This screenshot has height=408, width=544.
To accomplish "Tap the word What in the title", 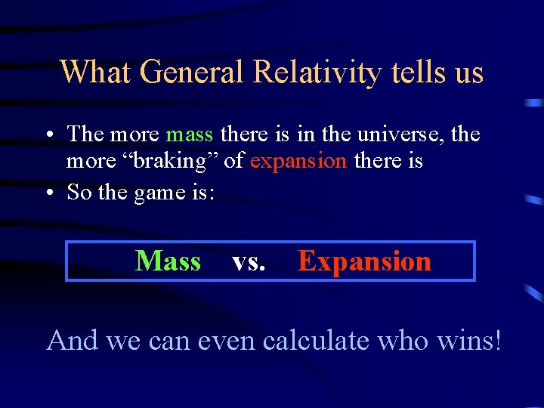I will pyautogui.click(x=96, y=73).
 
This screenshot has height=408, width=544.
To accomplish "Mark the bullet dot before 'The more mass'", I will pyautogui.click(x=48, y=135).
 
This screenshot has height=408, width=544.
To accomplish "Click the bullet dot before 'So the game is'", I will pyautogui.click(x=48, y=193).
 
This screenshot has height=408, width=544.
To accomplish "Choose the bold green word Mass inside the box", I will pyautogui.click(x=168, y=261).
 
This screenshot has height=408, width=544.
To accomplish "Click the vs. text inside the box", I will pyautogui.click(x=249, y=262).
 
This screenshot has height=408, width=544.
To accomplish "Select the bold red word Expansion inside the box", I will pyautogui.click(x=364, y=262).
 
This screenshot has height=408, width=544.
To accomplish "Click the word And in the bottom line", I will pyautogui.click(x=73, y=341).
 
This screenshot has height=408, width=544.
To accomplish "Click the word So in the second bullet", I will pyautogui.click(x=79, y=193).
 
